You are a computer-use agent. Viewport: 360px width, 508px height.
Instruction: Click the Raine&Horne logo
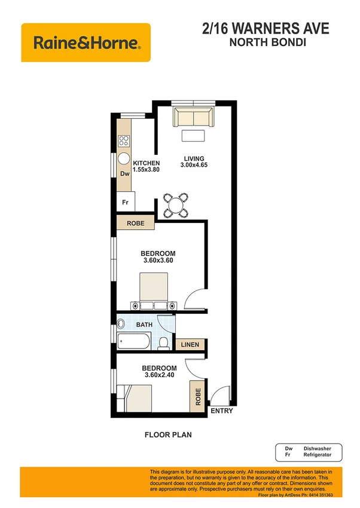86,42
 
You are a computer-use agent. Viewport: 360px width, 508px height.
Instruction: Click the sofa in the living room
192,117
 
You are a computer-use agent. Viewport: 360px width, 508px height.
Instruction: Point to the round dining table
176,206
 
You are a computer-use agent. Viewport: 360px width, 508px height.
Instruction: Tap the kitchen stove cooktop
124,142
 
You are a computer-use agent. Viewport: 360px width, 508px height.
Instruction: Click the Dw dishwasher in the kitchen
124,174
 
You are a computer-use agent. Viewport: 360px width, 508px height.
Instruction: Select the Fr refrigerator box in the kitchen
126,202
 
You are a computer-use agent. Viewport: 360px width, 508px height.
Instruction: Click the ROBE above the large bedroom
135,224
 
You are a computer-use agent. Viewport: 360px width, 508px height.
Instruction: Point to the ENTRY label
221,411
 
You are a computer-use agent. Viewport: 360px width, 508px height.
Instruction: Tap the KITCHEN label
146,163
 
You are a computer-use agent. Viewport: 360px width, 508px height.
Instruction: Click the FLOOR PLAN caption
167,435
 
